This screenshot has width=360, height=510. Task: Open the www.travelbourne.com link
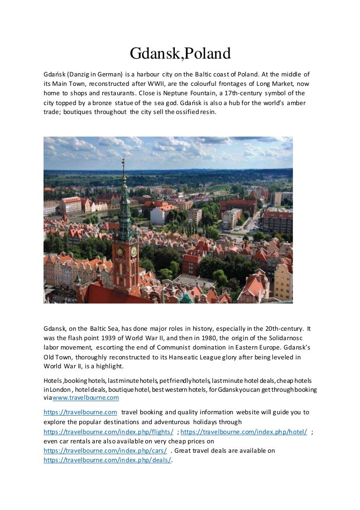click(85, 398)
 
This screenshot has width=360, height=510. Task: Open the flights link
click(108, 431)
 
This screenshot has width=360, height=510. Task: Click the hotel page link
click(244, 431)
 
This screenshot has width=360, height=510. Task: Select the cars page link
click(105, 450)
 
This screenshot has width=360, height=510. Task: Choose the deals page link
click(107, 460)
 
